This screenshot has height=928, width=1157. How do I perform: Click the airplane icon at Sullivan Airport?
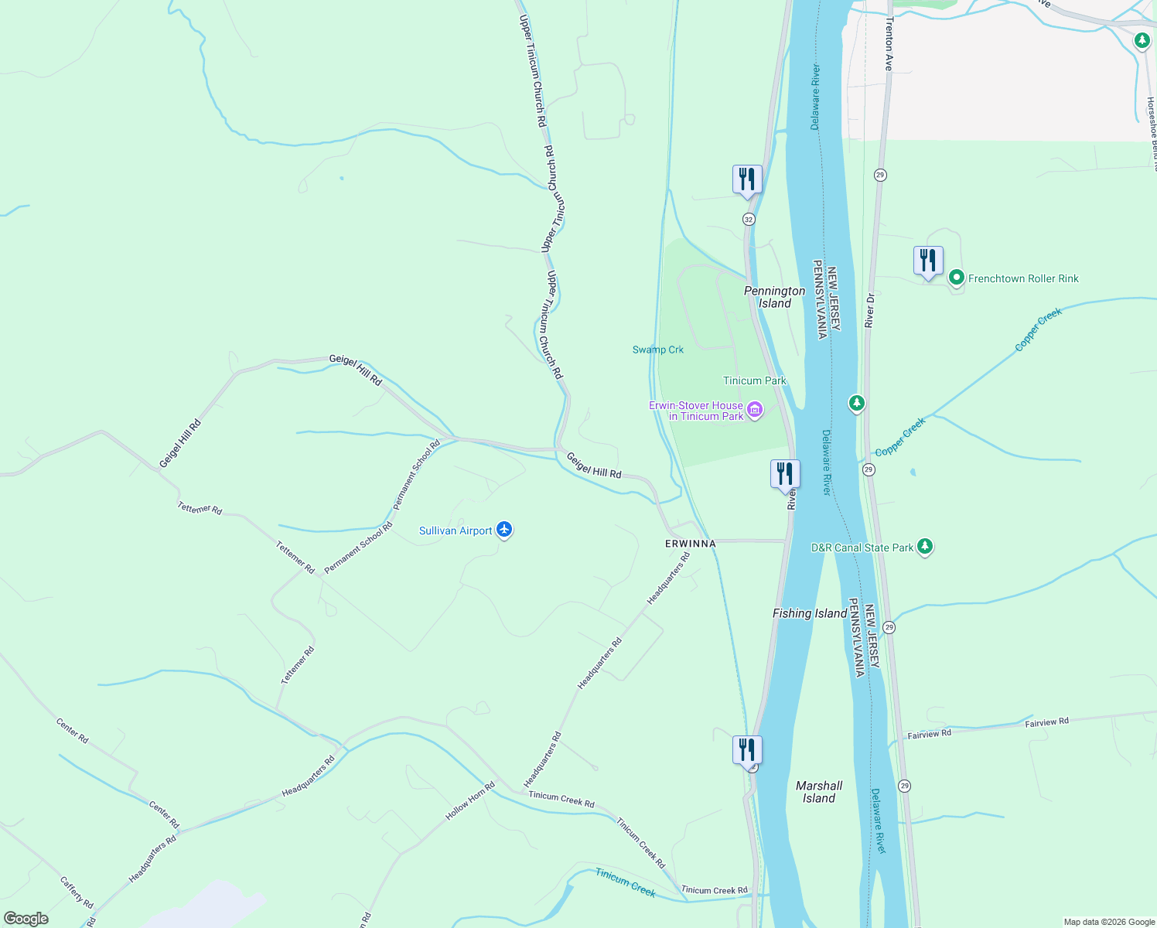[x=504, y=530]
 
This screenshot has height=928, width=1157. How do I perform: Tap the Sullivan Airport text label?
[x=456, y=531]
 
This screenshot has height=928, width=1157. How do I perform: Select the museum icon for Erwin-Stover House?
[x=755, y=409]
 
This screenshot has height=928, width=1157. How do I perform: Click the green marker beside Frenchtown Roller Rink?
[x=956, y=278]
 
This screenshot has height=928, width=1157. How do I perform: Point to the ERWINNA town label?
[x=691, y=544]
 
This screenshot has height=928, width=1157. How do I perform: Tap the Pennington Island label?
[x=774, y=297]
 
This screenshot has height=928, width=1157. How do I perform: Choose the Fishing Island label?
[x=810, y=613]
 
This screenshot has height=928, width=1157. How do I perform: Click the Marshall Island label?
[x=819, y=792]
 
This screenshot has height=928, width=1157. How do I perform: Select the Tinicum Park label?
[x=754, y=380]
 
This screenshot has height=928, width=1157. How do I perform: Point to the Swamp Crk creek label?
[x=658, y=350]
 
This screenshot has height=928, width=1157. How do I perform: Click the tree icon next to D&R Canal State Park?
[x=924, y=547]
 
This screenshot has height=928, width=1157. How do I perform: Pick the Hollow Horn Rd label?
[x=470, y=802]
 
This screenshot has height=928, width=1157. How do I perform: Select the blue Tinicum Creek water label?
[x=626, y=882]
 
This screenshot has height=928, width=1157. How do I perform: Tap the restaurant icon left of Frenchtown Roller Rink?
[x=927, y=261]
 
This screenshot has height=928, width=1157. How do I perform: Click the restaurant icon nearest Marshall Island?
[x=747, y=750]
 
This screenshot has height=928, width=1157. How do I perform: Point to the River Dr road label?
[x=870, y=309]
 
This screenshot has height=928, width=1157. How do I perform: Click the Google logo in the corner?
[x=26, y=919]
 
